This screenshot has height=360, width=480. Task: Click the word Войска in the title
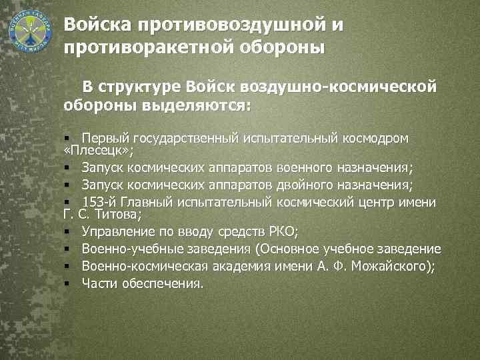(x=98, y=25)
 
